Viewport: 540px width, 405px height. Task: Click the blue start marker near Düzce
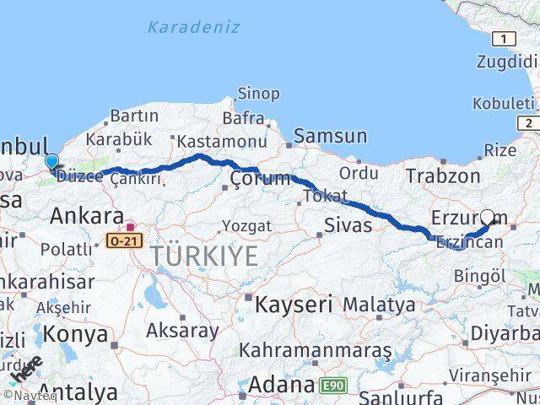51,161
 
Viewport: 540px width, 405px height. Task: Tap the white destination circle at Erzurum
488,217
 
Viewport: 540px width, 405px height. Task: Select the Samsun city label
330,136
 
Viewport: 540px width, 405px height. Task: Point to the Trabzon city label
442,175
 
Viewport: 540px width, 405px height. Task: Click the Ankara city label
87,216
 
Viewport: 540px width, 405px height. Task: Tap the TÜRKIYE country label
204,256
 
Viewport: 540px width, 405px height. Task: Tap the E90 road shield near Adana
333,386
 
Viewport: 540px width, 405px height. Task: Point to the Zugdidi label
506,62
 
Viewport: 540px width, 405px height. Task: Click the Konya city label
75,334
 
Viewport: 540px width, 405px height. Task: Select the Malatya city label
379,304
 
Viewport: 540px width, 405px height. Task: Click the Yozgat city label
246,225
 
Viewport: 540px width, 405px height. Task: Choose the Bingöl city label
479,275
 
